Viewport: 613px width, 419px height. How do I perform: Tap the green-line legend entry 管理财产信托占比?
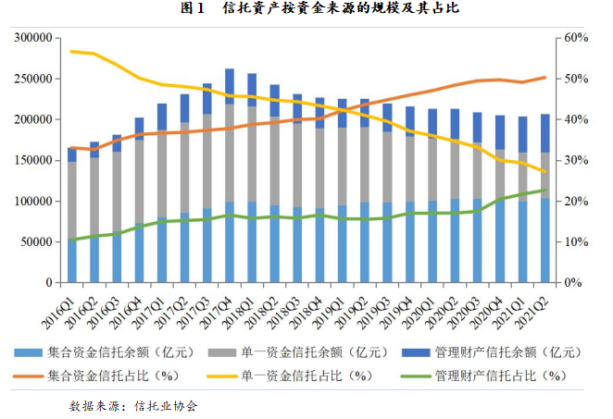pyautogui.click(x=499, y=375)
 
